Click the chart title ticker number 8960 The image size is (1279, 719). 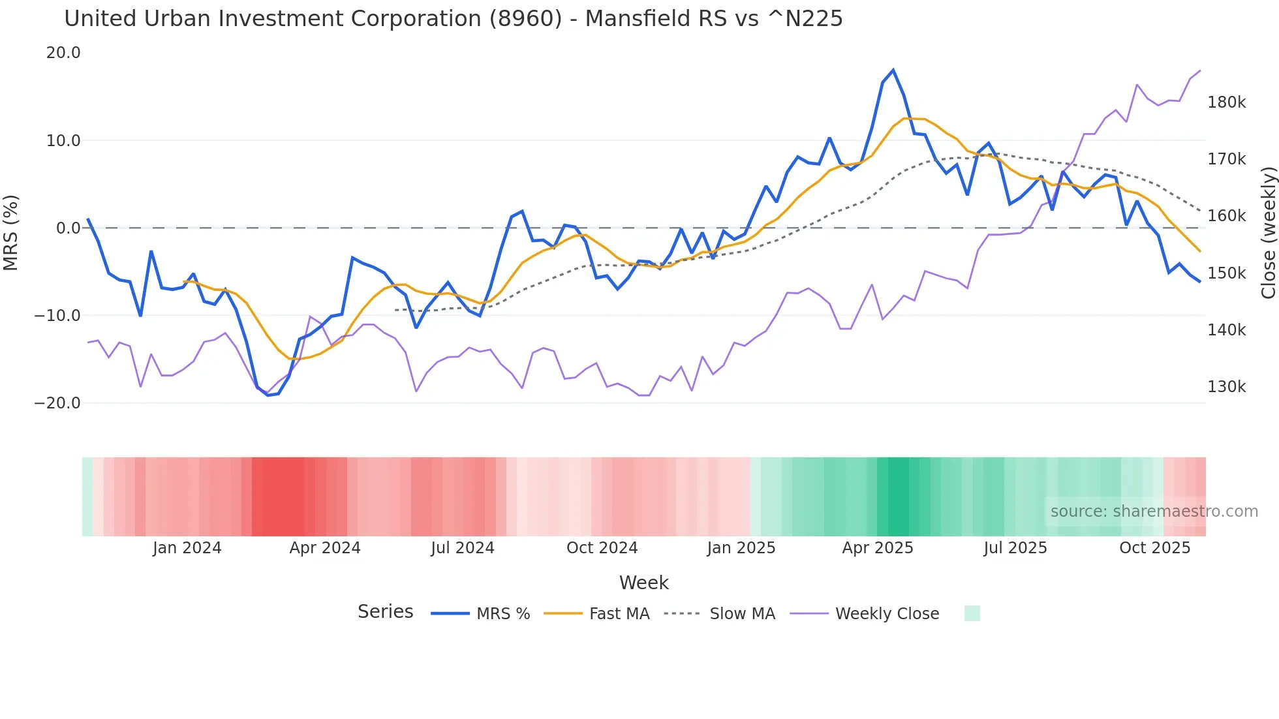(x=525, y=19)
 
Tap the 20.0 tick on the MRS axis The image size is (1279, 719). (x=63, y=53)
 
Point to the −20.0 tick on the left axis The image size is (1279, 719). (x=58, y=403)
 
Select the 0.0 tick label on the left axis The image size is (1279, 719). (x=69, y=228)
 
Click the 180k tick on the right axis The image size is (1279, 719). (x=1227, y=102)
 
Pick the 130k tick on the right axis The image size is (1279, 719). (x=1227, y=387)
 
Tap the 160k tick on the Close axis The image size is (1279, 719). (x=1227, y=216)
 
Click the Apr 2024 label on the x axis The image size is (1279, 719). (x=325, y=548)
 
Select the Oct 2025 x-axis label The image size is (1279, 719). (x=1155, y=548)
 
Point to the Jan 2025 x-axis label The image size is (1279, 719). (x=741, y=548)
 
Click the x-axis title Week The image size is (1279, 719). (x=643, y=583)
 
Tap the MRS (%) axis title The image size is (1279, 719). (x=11, y=232)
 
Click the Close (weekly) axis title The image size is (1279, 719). (x=1268, y=233)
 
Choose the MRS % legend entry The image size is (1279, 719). (x=502, y=614)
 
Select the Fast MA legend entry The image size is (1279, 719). (x=619, y=614)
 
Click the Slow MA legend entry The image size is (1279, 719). (x=742, y=614)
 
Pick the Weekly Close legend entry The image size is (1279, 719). (x=887, y=614)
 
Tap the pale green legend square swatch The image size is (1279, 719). (x=972, y=613)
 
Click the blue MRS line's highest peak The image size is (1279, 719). (x=893, y=70)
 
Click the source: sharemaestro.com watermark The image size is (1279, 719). (x=1154, y=512)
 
